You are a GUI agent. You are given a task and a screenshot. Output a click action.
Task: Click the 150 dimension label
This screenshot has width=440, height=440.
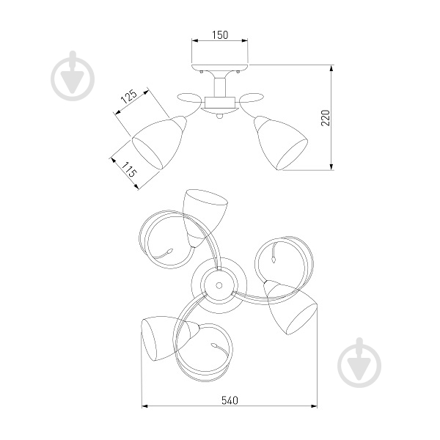220,35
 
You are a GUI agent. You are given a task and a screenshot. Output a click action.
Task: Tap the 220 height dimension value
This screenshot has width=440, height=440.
326,118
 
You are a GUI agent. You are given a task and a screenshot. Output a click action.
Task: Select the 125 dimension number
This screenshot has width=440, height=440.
129,97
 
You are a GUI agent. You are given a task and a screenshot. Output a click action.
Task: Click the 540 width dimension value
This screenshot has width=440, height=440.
230,400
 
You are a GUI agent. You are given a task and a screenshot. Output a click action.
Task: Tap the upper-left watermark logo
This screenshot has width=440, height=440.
73,76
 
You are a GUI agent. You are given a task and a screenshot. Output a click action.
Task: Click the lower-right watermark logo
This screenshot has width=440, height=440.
359,362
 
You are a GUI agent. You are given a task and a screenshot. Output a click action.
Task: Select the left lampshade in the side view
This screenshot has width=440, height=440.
159,142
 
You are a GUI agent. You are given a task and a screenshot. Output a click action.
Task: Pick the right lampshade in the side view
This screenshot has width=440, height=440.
281,142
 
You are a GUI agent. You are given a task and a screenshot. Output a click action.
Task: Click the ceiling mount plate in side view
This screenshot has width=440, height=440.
220,67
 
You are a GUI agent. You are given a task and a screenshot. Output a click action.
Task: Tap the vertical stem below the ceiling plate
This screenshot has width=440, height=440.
220,87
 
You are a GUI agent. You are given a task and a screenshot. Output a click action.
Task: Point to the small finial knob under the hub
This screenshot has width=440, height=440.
220,117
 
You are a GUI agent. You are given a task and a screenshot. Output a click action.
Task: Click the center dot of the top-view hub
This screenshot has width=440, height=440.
219,285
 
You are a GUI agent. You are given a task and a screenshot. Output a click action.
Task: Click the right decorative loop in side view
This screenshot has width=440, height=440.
252,98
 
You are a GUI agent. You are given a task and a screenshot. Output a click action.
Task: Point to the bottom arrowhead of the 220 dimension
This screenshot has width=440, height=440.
331,166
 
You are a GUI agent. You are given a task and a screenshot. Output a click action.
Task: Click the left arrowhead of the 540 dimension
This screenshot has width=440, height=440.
144,406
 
